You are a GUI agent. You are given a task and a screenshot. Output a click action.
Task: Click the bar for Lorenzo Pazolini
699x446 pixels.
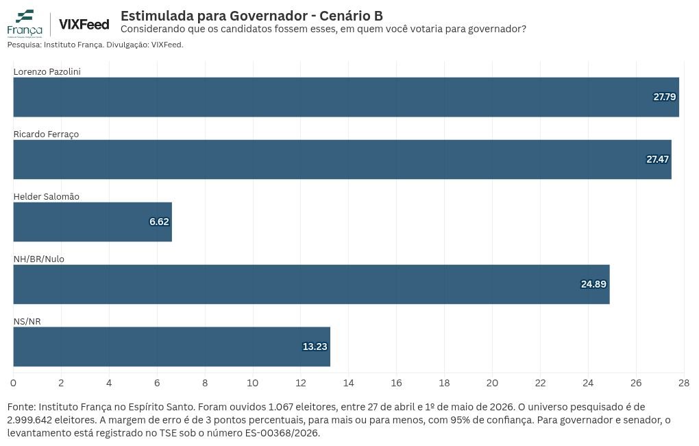(346, 97)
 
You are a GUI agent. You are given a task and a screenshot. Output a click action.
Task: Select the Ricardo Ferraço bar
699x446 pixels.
(343, 159)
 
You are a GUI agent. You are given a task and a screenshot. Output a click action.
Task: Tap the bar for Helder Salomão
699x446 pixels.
(93, 222)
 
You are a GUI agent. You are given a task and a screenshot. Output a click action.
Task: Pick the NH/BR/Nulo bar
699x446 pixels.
(312, 284)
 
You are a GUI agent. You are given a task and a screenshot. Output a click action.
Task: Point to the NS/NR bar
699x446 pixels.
(171, 347)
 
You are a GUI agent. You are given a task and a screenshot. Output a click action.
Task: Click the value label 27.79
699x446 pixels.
(665, 97)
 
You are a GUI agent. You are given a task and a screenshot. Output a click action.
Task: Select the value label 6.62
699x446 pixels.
(159, 222)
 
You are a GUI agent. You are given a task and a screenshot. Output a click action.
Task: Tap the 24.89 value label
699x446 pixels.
(593, 284)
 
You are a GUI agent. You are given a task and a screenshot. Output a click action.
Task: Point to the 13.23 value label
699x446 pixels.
(315, 347)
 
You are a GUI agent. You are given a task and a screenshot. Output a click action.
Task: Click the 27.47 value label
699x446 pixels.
(658, 159)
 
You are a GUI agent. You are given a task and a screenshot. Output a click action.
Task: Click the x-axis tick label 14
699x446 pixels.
(349, 383)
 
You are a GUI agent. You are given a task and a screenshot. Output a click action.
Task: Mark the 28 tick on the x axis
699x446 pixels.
(684, 383)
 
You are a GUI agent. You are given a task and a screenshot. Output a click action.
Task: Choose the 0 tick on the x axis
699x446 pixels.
(14, 383)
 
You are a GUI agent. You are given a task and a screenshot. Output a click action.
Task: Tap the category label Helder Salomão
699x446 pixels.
(47, 196)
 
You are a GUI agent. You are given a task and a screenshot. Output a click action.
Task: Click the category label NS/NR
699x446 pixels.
(27, 321)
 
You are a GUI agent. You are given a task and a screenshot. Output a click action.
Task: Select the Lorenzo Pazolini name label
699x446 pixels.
(47, 71)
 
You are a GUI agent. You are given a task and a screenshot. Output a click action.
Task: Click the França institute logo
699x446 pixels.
(25, 23)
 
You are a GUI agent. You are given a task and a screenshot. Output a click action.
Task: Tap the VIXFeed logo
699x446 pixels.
(84, 25)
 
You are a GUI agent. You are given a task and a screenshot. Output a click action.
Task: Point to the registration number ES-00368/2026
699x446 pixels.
(282, 433)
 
